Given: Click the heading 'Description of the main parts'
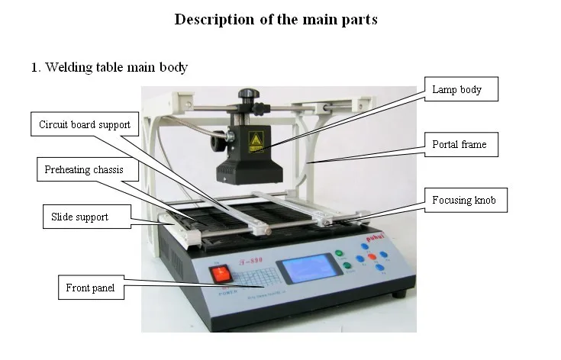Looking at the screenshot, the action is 276,20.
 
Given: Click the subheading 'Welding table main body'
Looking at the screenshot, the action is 109,67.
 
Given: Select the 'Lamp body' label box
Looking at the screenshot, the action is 457,90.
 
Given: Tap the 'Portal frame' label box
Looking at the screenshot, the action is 459,144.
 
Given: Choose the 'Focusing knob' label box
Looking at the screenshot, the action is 464,201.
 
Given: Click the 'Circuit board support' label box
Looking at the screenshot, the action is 84,124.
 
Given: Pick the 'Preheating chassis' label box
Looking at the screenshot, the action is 79,169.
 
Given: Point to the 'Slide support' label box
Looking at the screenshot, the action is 79,217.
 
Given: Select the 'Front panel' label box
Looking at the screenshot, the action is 91,288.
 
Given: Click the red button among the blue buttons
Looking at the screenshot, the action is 372,256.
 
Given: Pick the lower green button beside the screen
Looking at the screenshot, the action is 348,266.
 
